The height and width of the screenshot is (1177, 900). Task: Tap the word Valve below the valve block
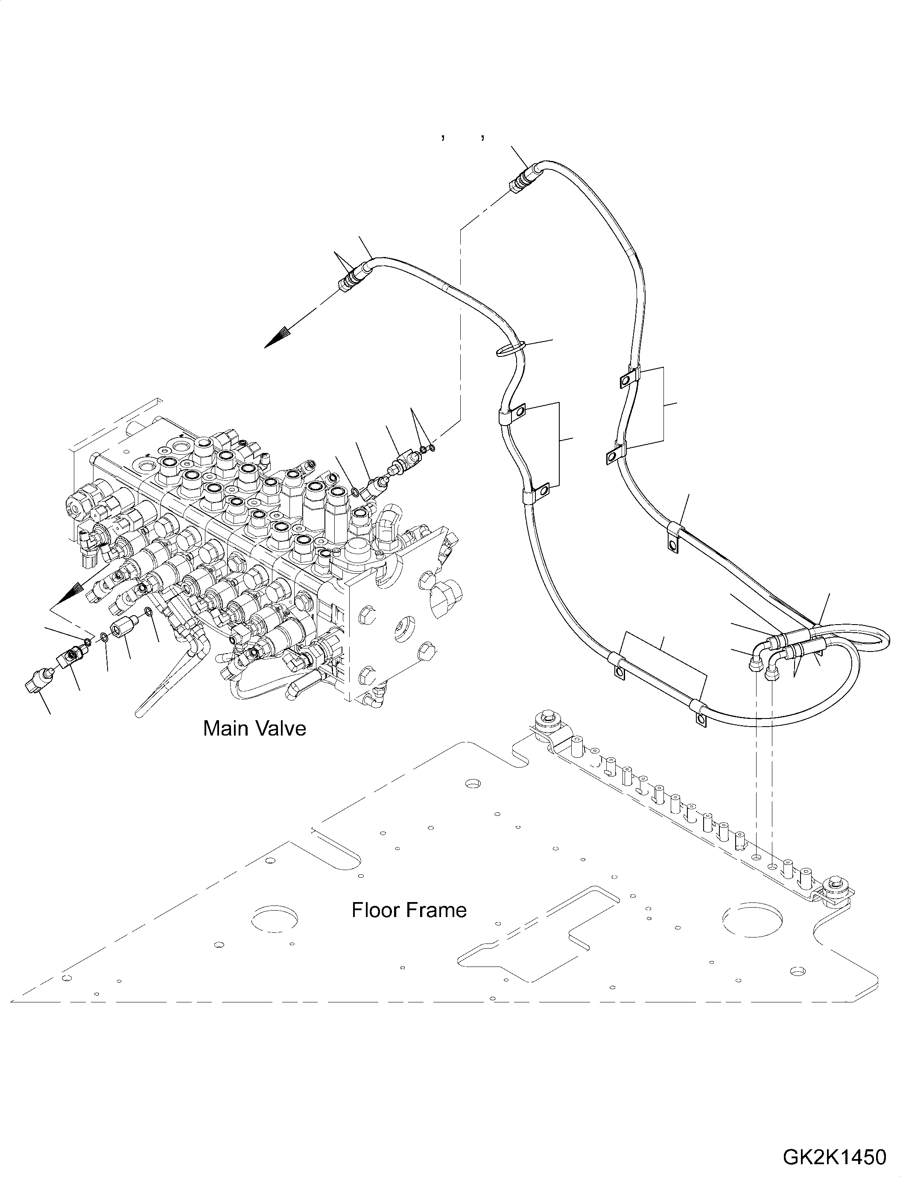[283, 729]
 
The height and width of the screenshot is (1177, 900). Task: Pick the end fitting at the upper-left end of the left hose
[353, 277]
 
